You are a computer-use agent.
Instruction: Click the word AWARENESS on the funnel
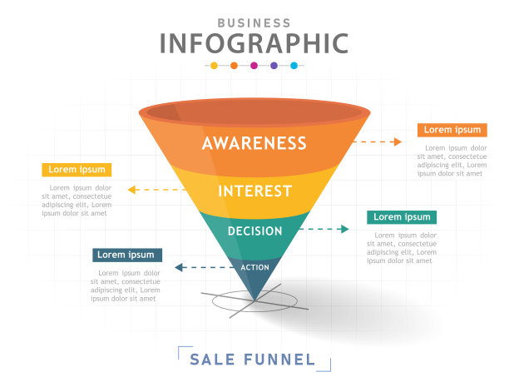(254, 143)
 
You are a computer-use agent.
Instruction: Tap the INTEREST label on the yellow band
(254, 191)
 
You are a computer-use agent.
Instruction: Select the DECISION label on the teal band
(254, 231)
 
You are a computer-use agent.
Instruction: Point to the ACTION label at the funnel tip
(254, 267)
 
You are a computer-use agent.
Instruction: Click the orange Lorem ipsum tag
(452, 130)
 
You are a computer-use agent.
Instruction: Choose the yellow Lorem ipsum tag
(77, 170)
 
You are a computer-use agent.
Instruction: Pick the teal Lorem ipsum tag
(402, 217)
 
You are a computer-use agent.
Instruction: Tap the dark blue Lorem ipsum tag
(127, 255)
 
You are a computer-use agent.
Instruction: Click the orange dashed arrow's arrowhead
(398, 141)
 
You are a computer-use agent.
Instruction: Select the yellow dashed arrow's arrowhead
(131, 190)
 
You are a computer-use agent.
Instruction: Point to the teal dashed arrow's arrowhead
(345, 229)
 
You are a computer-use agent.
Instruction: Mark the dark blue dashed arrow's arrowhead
(179, 267)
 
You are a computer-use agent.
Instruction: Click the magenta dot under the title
(254, 66)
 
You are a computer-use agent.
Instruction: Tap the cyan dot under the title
(294, 66)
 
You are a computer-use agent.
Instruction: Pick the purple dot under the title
(274, 66)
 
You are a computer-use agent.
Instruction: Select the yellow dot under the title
(214, 66)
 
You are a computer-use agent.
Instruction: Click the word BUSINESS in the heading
(254, 23)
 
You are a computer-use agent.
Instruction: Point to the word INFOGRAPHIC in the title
(254, 43)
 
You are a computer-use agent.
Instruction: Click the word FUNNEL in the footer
(279, 360)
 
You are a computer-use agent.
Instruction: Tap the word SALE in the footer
(212, 360)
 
